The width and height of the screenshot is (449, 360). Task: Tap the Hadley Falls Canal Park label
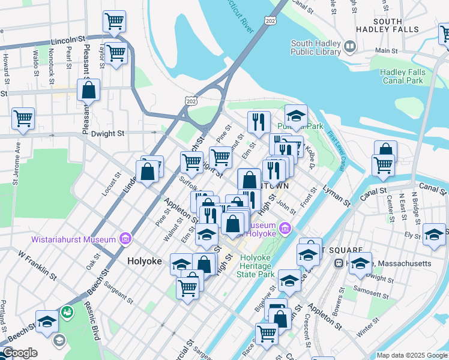[403, 76]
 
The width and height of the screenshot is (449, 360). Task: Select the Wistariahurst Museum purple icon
[125, 239]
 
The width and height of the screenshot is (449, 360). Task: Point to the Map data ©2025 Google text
[411, 355]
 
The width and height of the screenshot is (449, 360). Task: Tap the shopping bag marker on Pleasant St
[88, 91]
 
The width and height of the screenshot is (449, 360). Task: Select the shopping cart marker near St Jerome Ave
[23, 118]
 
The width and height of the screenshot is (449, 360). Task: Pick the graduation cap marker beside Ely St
[433, 234]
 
